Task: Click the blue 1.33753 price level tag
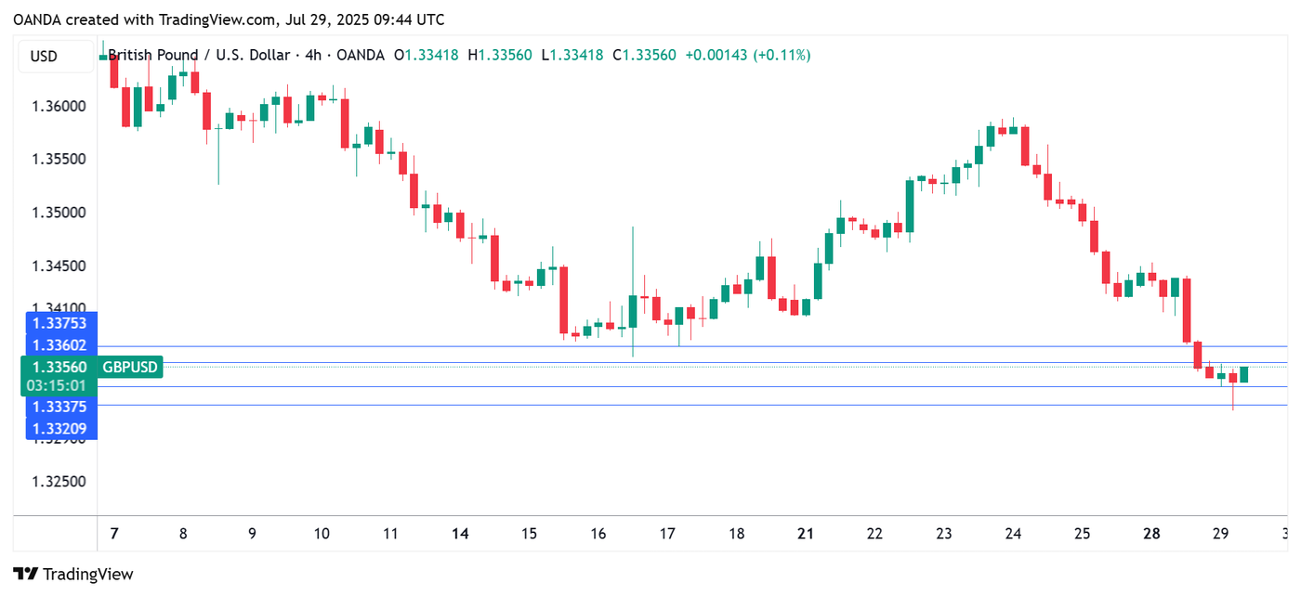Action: click(x=59, y=323)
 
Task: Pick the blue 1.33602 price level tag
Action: click(x=59, y=345)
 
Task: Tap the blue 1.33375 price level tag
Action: click(x=59, y=407)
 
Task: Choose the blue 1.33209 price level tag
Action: click(x=59, y=429)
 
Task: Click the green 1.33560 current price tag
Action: click(x=58, y=368)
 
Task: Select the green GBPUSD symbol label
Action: click(x=130, y=368)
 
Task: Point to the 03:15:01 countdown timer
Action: click(x=58, y=385)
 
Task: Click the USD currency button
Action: click(x=44, y=57)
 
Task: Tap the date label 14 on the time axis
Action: click(x=460, y=535)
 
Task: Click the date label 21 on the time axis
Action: click(x=806, y=535)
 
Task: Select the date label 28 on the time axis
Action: click(x=1151, y=535)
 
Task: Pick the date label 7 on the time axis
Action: click(x=113, y=535)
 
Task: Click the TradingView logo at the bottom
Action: click(x=73, y=575)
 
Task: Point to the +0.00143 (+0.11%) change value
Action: click(x=747, y=56)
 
